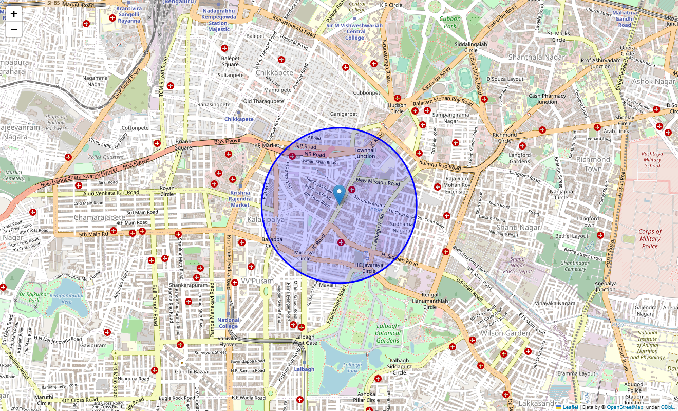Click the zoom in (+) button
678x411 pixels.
point(14,14)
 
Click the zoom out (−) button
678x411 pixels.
point(14,29)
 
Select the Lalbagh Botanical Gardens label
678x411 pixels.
point(387,333)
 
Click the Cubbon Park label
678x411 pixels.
point(450,22)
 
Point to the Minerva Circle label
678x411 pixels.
point(304,255)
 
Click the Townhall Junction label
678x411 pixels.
point(365,153)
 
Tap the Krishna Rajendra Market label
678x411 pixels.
point(240,199)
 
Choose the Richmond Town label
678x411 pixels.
point(593,164)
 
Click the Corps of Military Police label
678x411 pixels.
point(650,238)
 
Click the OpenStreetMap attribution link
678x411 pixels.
point(625,407)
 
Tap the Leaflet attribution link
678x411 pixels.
point(570,407)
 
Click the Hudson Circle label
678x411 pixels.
point(397,108)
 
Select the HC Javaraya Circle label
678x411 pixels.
point(369,268)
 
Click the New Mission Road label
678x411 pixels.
point(378,182)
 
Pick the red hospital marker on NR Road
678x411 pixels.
point(292,156)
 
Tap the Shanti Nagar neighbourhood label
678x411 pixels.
point(518,227)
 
